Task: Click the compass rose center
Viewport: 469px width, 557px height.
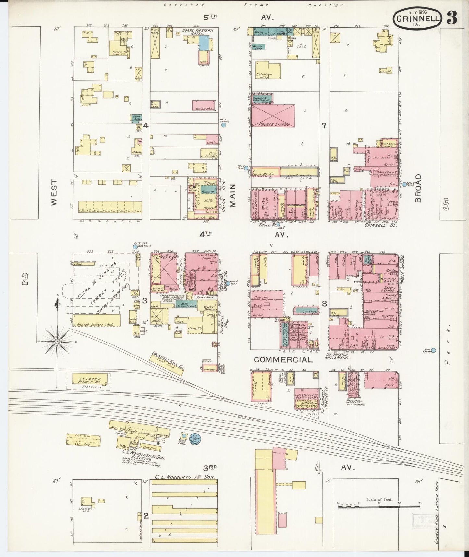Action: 57,341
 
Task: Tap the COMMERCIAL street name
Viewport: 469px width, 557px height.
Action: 283,360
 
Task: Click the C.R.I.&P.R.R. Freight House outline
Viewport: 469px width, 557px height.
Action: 88,380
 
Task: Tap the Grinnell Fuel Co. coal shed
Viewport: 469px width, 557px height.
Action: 167,364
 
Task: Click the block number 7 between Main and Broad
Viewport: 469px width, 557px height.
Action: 324,125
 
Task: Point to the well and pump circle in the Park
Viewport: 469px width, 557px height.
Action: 433,350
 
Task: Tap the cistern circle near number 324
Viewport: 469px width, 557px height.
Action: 135,247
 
